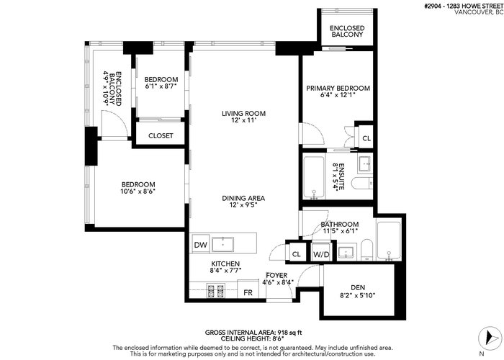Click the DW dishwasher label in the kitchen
pyautogui.click(x=201, y=245)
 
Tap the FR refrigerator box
pyautogui.click(x=248, y=289)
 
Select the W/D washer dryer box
pyautogui.click(x=321, y=252)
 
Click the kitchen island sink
pyautogui.click(x=222, y=244)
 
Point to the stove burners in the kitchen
pyautogui.click(x=215, y=291)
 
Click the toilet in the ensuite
pyautogui.click(x=362, y=184)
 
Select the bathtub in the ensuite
pyautogui.click(x=313, y=178)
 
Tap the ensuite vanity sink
pyautogui.click(x=365, y=164)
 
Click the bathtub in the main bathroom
pyautogui.click(x=389, y=240)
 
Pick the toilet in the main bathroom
pyautogui.click(x=366, y=250)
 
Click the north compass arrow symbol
pyautogui.click(x=490, y=338)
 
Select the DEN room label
pyautogui.click(x=358, y=288)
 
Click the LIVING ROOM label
pyautogui.click(x=243, y=113)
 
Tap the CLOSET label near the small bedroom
pyautogui.click(x=161, y=135)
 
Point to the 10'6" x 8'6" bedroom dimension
pyautogui.click(x=138, y=192)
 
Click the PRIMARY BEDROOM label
pyautogui.click(x=338, y=88)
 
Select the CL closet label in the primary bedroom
pyautogui.click(x=366, y=138)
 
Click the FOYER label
pyautogui.click(x=276, y=276)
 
